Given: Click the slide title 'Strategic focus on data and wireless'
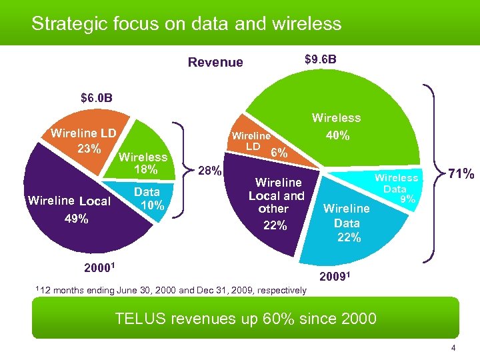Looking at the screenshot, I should click(186, 24).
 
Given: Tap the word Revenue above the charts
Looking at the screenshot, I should click(215, 63).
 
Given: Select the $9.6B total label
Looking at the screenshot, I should click(320, 60).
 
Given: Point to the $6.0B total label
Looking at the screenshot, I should click(97, 98).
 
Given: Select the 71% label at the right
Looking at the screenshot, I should click(460, 175).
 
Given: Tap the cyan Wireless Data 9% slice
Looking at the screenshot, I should click(396, 188).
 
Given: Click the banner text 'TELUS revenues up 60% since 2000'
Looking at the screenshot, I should click(245, 318).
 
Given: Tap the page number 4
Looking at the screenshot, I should click(453, 349).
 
